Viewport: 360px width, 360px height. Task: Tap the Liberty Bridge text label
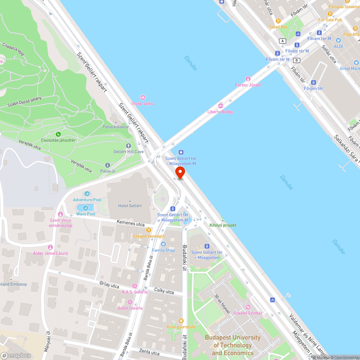[x=220, y=112]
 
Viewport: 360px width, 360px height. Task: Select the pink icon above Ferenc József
[x=248, y=79]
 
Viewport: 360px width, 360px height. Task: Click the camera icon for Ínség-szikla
[x=143, y=98]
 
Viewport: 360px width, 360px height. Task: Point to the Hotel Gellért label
[x=130, y=206]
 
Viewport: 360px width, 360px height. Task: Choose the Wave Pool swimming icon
[x=86, y=208]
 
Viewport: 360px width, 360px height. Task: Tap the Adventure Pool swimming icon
[x=87, y=194]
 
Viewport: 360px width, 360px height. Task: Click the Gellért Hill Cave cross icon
[x=129, y=145]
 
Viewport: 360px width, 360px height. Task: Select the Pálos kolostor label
[x=116, y=127]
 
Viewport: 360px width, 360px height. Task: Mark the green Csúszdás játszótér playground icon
[x=58, y=134]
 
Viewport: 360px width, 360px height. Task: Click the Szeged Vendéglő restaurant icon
[x=148, y=230]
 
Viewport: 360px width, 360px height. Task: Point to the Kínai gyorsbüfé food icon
[x=181, y=321]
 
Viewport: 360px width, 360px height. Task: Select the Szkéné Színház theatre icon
[x=248, y=307]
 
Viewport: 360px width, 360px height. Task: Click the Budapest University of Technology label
[x=232, y=345]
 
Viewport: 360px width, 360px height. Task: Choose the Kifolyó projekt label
[x=223, y=225]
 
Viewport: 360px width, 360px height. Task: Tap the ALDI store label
[x=338, y=46]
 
